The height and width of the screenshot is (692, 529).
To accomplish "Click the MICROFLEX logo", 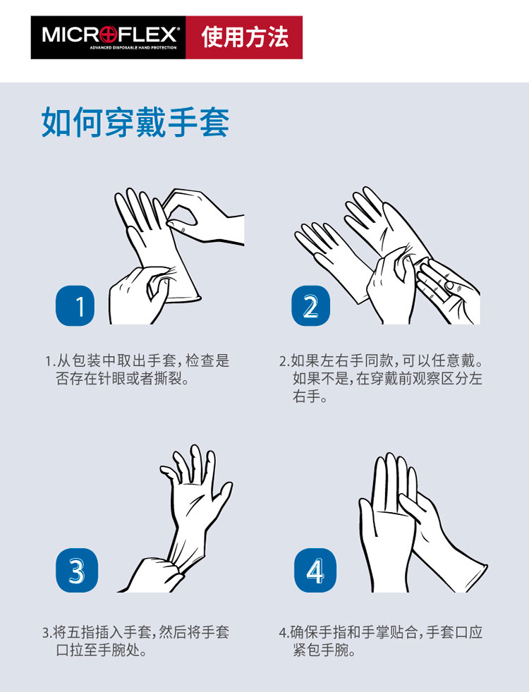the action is (108, 37).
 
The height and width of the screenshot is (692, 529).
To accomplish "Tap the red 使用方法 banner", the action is (244, 37).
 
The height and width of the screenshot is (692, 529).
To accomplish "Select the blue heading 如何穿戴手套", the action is (135, 122).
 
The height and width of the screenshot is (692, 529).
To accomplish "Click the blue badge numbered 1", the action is (75, 305).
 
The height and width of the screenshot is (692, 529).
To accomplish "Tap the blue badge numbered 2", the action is (310, 305).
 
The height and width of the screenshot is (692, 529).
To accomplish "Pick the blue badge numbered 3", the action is (77, 570).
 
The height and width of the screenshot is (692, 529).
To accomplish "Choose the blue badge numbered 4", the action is (315, 570).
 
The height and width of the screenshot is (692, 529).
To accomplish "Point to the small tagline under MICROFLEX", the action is (133, 48).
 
